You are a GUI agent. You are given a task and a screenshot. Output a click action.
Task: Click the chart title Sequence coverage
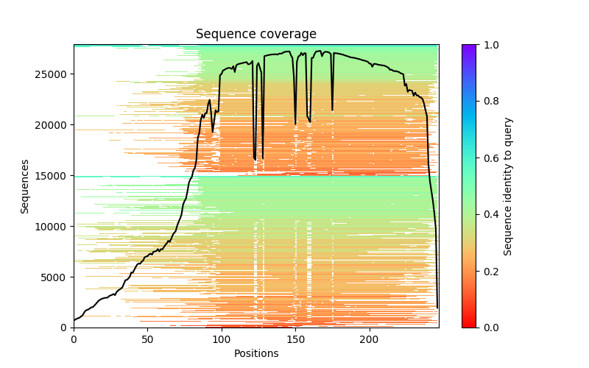point(255,35)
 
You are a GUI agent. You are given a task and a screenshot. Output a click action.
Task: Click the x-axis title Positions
point(255,353)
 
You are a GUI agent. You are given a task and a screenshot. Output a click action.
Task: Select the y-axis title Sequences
point(25,186)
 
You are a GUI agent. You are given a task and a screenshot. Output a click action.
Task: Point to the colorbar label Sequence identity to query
point(508,186)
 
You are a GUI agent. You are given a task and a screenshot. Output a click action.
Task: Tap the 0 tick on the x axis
point(74,340)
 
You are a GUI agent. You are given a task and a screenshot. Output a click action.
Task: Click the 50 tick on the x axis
point(147,340)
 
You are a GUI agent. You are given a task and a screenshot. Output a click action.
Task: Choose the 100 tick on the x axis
point(222,340)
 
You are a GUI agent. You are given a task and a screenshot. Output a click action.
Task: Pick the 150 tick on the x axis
point(295,340)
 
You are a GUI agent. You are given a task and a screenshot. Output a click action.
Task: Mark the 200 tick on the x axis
point(370,340)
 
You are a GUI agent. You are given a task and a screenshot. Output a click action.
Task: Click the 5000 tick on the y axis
point(54,277)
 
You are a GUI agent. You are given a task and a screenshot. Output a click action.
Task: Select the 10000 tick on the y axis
point(52,226)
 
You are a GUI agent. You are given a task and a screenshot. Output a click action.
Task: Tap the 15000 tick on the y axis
point(52,175)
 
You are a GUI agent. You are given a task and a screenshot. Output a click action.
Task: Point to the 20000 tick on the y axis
point(52,124)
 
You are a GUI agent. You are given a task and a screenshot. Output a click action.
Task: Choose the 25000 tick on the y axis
point(52,74)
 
